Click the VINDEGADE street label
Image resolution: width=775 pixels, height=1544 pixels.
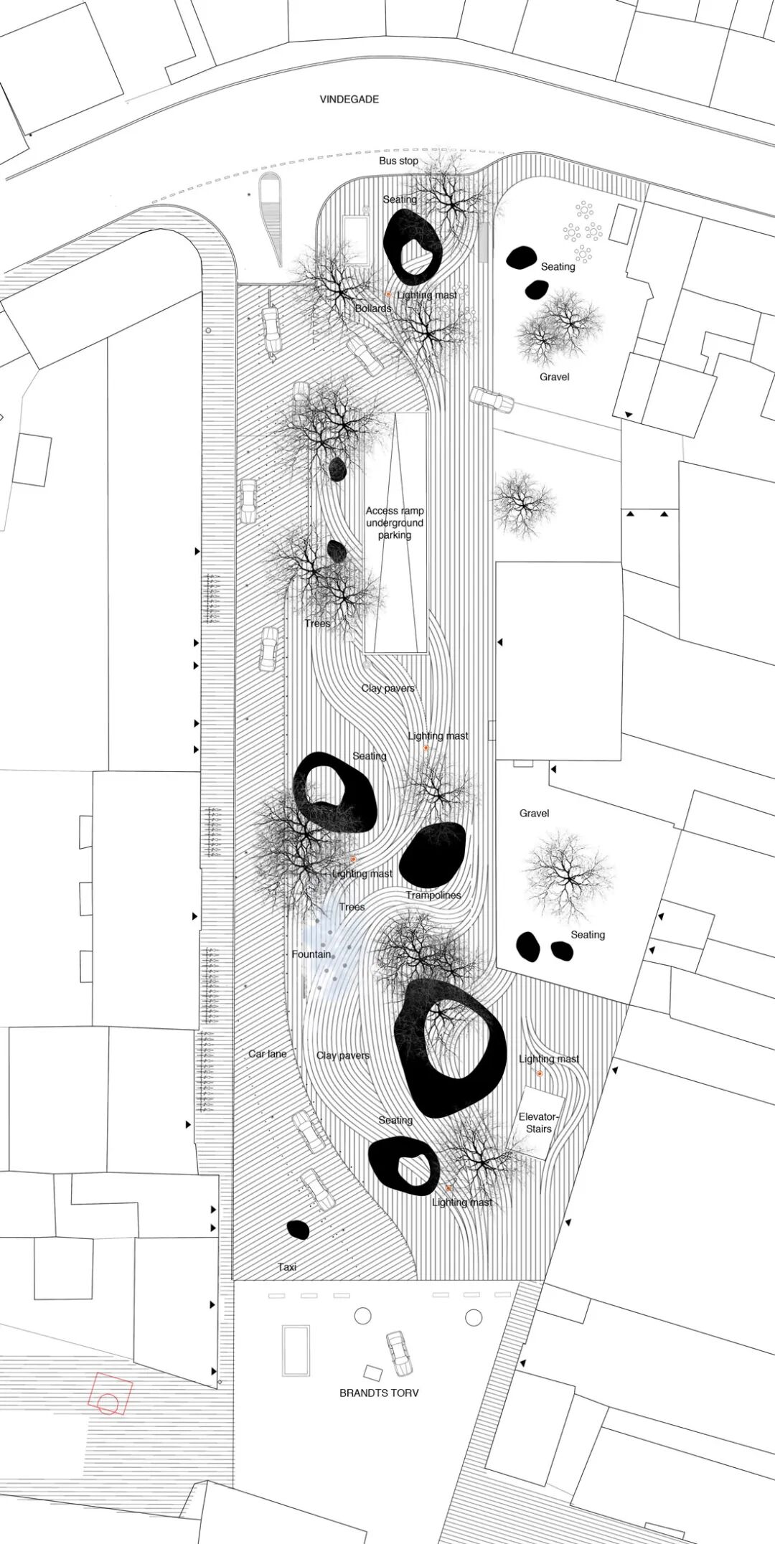point(349,99)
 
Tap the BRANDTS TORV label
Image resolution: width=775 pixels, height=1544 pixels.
point(379,1393)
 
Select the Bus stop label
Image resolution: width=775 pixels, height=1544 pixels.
point(398,161)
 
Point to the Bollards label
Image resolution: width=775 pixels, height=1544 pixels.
point(373,309)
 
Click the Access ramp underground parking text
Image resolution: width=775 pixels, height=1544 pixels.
point(395,523)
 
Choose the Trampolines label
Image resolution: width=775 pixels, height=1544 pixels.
point(433,895)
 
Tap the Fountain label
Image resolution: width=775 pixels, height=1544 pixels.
point(311,954)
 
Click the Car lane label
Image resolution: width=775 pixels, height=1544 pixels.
point(268,1054)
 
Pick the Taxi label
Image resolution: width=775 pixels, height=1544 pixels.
point(287,1267)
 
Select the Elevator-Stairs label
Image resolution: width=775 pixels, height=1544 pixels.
point(538,1123)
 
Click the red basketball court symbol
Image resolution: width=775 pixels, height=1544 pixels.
point(110,1394)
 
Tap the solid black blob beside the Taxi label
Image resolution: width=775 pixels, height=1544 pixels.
point(298,1230)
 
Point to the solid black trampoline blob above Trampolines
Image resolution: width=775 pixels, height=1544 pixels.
point(433,854)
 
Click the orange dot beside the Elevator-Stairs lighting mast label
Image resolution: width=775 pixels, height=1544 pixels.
point(540,1073)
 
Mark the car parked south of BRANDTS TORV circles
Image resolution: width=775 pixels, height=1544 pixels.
point(399,1353)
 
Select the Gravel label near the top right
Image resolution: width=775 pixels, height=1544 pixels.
point(555,377)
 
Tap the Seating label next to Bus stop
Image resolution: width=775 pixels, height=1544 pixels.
point(400,199)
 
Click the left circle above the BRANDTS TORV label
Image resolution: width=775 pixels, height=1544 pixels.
point(363,1316)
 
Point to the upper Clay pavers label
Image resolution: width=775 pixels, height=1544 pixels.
point(387,688)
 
